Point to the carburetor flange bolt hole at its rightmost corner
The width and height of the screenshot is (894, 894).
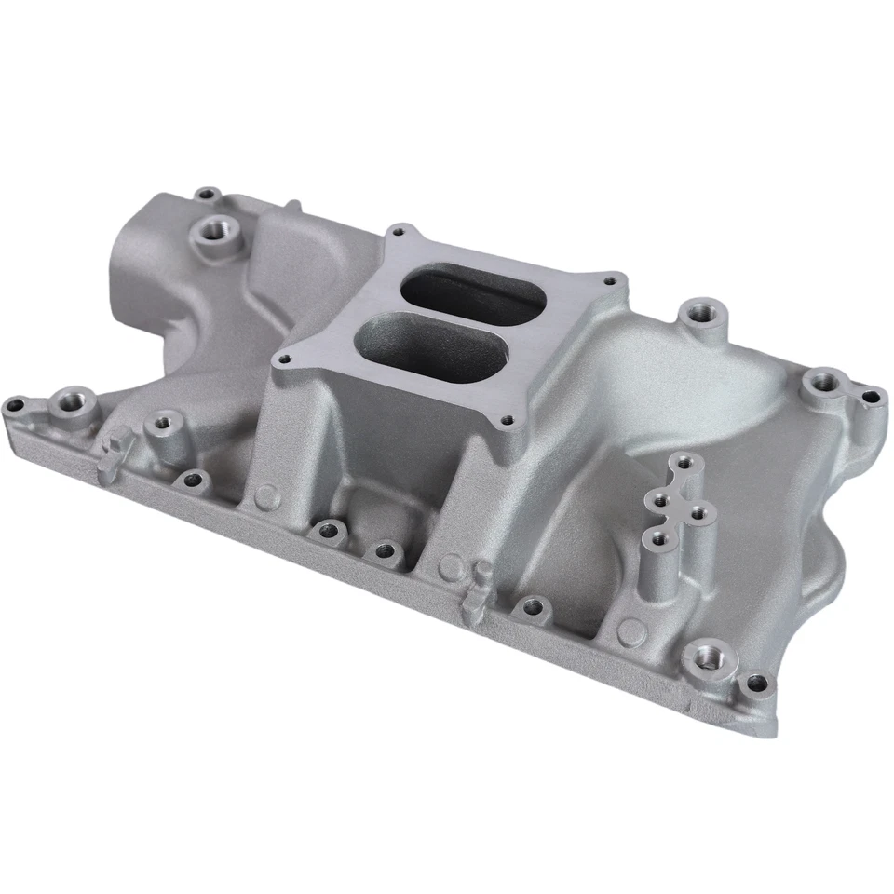click(610, 278)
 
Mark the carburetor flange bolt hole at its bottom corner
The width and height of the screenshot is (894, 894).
click(507, 420)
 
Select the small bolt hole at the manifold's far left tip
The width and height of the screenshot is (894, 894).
click(16, 405)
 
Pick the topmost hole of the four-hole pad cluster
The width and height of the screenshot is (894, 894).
click(684, 462)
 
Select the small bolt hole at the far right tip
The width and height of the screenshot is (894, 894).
click(871, 398)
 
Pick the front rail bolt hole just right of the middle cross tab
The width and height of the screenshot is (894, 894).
click(532, 609)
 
